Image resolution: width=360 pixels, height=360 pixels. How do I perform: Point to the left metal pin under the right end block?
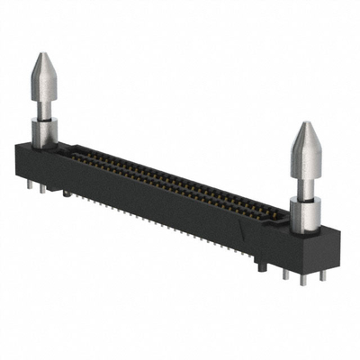point(285,273)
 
